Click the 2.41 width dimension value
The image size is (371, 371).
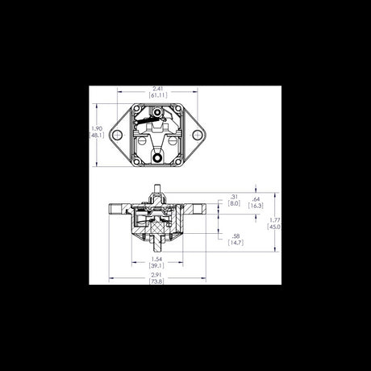pos(158,88)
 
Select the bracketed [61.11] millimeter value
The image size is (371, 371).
pos(158,95)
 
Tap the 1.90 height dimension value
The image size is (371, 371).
pos(96,129)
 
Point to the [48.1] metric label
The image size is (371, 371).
pos(96,136)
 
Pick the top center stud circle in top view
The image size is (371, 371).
pos(158,112)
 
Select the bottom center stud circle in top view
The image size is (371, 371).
pos(158,160)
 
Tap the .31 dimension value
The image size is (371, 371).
pos(234,197)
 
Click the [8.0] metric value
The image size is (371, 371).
pos(234,204)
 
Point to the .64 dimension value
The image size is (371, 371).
pos(256,198)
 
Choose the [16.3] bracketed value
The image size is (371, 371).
pos(256,206)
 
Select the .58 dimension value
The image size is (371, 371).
pos(236,235)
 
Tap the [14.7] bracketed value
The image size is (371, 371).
pos(236,242)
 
